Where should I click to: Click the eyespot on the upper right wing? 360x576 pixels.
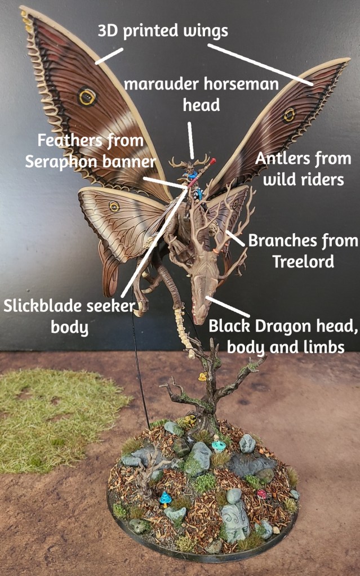289,115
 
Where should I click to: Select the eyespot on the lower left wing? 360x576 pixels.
114,207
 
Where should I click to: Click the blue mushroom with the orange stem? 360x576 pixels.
165,498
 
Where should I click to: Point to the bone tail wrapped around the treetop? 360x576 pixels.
183,329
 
